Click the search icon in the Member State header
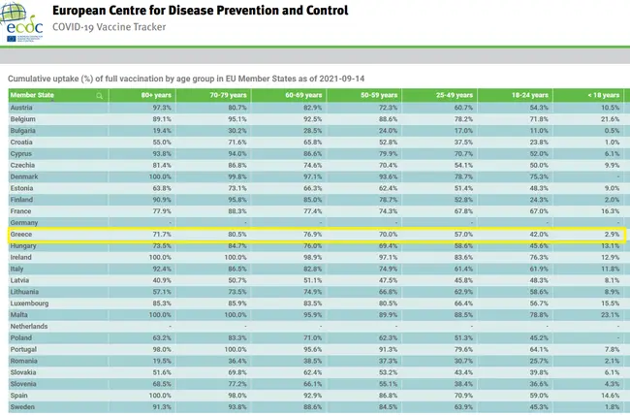[99, 95]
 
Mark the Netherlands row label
[30, 327]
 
